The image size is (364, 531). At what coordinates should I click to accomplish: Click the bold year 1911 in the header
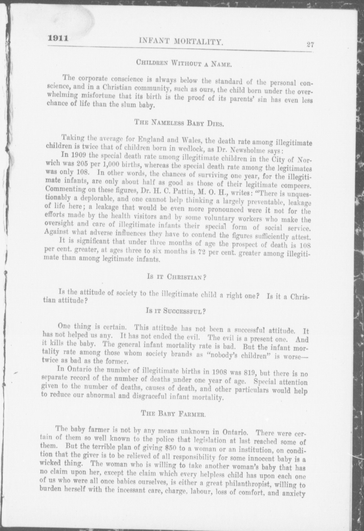pos(58,38)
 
